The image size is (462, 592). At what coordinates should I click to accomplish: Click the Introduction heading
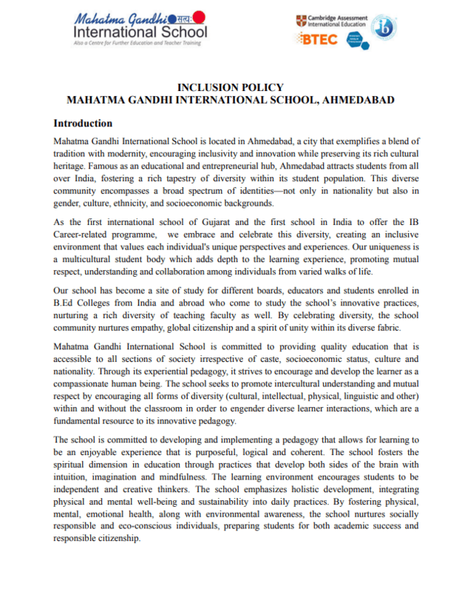coord(83,123)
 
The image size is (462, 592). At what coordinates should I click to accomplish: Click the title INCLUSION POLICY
coord(231,87)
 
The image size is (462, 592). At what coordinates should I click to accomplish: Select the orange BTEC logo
coord(317,38)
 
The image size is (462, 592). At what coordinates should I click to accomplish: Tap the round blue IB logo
coord(384,28)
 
